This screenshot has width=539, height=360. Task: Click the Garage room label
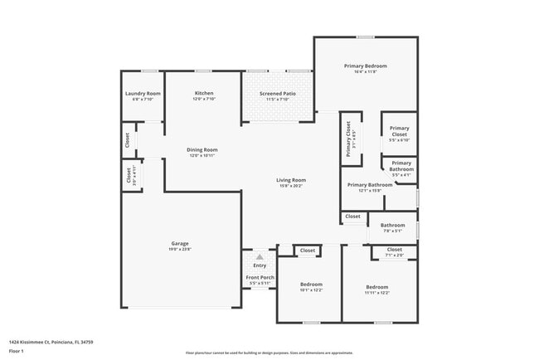(180, 243)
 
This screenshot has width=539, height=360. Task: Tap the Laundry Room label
(143, 94)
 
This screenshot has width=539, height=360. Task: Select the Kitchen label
(204, 93)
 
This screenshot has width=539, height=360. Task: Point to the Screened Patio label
(277, 94)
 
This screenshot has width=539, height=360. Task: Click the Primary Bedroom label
(366, 66)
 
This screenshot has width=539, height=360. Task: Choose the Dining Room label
(202, 149)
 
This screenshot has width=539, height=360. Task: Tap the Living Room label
(291, 180)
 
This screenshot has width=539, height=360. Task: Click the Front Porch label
(260, 277)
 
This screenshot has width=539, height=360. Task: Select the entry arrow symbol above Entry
(260, 256)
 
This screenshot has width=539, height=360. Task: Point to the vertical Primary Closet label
(349, 139)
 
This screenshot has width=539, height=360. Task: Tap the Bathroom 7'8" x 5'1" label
(392, 225)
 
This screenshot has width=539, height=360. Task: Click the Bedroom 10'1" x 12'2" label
(311, 285)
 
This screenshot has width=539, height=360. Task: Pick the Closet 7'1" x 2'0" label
(394, 249)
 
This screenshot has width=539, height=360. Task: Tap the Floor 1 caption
(17, 352)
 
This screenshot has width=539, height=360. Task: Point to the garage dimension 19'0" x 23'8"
(180, 249)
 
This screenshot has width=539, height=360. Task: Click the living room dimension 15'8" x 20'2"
(291, 186)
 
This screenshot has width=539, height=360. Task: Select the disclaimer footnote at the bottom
(269, 353)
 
